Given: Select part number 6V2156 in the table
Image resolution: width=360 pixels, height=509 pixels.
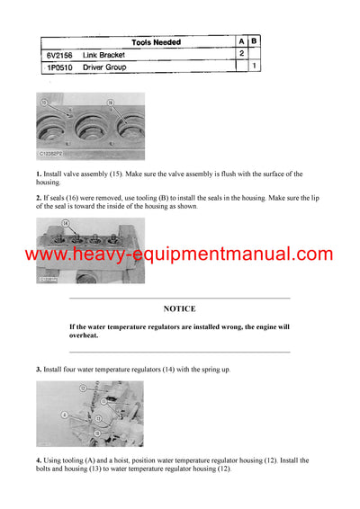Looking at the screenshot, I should point(59,54).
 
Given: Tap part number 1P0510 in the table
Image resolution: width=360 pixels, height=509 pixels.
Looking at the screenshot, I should point(59,67).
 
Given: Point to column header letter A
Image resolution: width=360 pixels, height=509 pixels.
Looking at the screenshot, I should point(241,42).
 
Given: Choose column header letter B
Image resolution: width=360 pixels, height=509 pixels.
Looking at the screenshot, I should point(255,42).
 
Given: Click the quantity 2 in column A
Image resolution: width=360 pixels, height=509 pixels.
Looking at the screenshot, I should point(241,54).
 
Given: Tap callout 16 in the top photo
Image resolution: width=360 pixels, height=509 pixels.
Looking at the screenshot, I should point(109,103).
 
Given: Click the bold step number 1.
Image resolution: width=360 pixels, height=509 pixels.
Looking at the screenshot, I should point(38,174).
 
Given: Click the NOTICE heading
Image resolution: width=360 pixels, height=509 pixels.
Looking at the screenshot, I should point(179,308).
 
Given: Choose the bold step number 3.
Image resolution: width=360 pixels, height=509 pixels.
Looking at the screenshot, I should point(38,370).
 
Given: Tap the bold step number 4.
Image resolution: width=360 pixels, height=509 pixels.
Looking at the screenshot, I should point(38,460).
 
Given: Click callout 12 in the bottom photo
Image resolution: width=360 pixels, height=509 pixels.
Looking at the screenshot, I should point(82,388).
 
